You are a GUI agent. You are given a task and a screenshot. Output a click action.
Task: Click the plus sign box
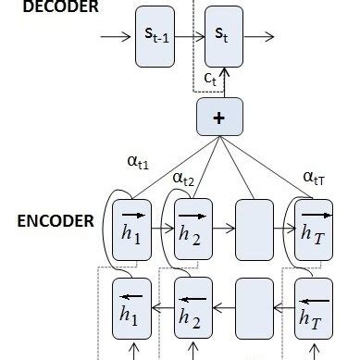218,118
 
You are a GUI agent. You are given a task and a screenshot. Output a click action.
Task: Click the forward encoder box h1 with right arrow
129,223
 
